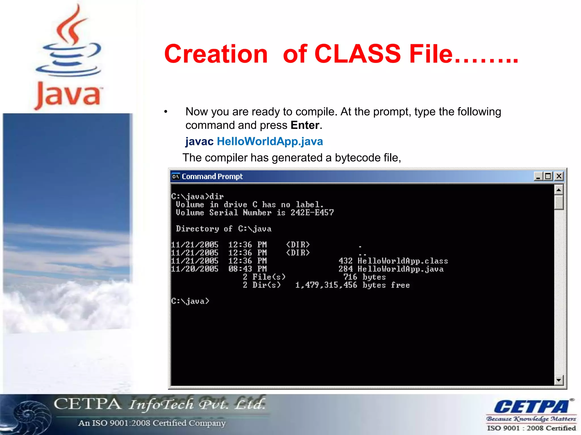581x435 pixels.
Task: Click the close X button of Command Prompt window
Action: (559, 176)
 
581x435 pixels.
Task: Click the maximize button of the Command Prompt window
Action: (548, 176)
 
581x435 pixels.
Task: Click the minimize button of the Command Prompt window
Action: (538, 176)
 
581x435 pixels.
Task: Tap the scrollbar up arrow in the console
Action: (559, 190)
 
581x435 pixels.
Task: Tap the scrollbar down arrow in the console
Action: (559, 380)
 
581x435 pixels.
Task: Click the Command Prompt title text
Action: (212, 176)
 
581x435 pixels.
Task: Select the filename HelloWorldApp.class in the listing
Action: (403, 261)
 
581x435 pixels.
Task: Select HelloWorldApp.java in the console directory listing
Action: (400, 269)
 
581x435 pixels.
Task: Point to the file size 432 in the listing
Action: (346, 261)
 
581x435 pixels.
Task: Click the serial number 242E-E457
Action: (312, 212)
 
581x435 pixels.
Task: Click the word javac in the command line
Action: (199, 141)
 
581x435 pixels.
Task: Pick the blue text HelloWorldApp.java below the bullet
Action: (270, 141)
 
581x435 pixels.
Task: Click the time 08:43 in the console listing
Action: (240, 269)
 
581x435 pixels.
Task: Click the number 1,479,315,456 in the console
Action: (326, 285)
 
